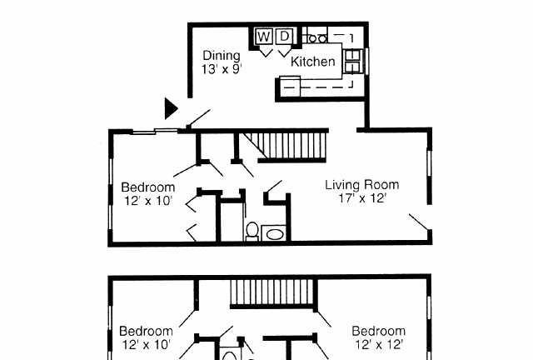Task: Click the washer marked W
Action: coord(264,36)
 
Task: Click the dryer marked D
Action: coord(284,36)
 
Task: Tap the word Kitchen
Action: coord(313,62)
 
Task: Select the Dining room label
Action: coord(222,55)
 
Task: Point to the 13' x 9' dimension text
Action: coord(222,69)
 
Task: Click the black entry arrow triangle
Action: coord(171,108)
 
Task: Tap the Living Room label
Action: coord(362,185)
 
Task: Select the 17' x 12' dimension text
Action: coord(363,197)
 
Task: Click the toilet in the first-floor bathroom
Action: coord(252,231)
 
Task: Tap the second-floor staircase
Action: coord(272,292)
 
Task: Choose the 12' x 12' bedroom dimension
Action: coord(379,345)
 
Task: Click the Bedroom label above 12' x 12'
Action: coord(378,331)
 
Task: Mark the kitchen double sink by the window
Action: coord(352,61)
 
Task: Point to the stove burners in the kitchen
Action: coord(316,38)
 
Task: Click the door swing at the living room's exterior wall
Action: coord(420,222)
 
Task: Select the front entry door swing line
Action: coord(199,117)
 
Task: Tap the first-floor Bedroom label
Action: coord(148,187)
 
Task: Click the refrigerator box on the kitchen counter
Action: coord(290,87)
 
